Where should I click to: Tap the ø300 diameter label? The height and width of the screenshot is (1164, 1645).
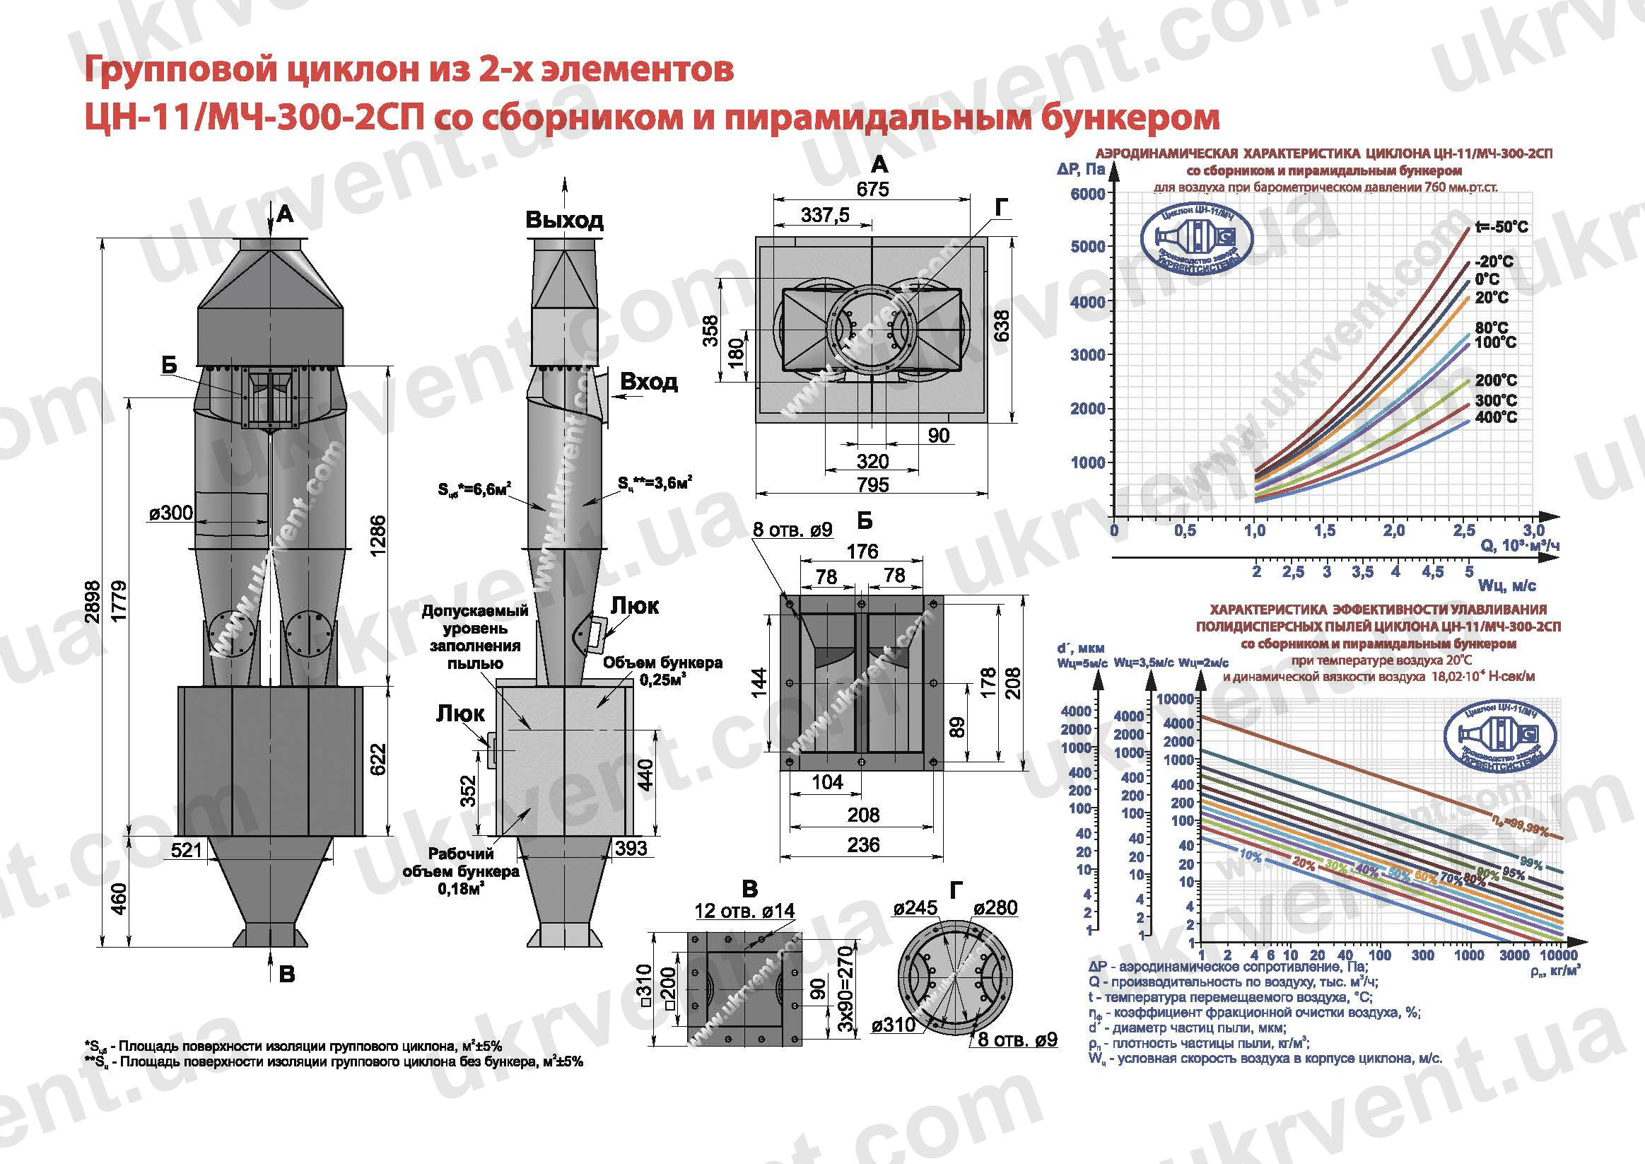[x=171, y=513]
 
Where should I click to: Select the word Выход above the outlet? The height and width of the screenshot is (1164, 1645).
[x=565, y=219]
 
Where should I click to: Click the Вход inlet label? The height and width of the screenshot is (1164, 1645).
[x=648, y=382]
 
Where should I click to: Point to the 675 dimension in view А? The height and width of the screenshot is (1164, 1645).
[x=872, y=190]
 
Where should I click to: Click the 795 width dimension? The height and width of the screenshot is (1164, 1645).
[x=872, y=485]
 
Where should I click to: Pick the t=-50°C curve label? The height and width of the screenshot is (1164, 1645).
[x=1501, y=227]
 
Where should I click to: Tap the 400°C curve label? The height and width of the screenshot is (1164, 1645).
[x=1496, y=417]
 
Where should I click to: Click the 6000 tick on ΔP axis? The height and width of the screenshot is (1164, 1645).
[x=1087, y=194]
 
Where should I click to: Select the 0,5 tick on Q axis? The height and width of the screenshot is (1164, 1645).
[x=1185, y=531]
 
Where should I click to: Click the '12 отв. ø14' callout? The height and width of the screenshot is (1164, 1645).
[x=744, y=911]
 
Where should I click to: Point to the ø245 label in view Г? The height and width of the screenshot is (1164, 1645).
[x=915, y=908]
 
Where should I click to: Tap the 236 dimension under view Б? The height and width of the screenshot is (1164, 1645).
[x=863, y=845]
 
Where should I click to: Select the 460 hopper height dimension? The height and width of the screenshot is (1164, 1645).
[x=119, y=898]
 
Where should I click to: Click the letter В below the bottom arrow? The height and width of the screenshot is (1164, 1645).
[x=286, y=974]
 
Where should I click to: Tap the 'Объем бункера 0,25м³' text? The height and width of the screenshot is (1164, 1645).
[x=662, y=671]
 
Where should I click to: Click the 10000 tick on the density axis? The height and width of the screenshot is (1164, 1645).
[x=1558, y=955]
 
